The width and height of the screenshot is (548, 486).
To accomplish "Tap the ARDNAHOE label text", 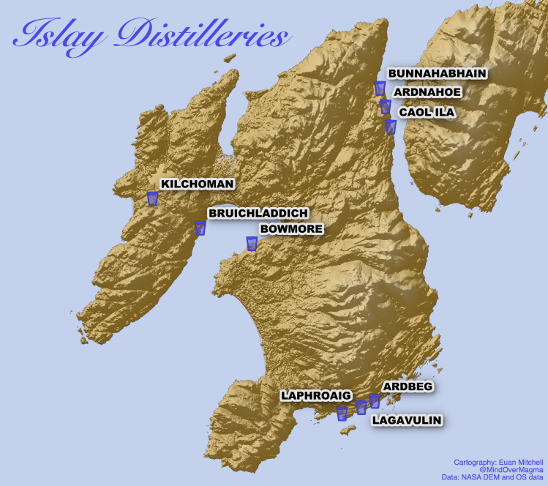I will pos(427,92).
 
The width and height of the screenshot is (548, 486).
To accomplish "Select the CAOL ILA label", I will pos(427,112).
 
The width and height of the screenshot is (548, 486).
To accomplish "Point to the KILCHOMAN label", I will pos(197,184).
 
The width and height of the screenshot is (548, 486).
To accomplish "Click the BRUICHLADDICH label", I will pos(258,213).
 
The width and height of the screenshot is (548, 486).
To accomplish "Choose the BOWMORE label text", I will pos(291,229).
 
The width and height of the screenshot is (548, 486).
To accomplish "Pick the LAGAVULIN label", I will pos(407,420).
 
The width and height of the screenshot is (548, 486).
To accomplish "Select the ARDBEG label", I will pos(408,386).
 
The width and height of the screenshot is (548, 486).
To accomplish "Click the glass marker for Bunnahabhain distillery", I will pos(380,89).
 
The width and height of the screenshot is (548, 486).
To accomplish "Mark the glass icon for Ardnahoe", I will pos(386,107).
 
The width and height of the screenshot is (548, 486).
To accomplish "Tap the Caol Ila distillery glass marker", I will pos(391,127).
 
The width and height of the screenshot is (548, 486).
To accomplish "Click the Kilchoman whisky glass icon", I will pos(152,198).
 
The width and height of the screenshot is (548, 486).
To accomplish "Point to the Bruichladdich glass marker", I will pos(200,228).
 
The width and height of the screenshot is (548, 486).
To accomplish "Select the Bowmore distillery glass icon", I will pos(252,244).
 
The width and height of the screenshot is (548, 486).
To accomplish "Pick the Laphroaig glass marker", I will pos(342,414).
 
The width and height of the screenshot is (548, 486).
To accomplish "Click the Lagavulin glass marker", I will pos(361,408).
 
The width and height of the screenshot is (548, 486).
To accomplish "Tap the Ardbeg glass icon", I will pos(375,400).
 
